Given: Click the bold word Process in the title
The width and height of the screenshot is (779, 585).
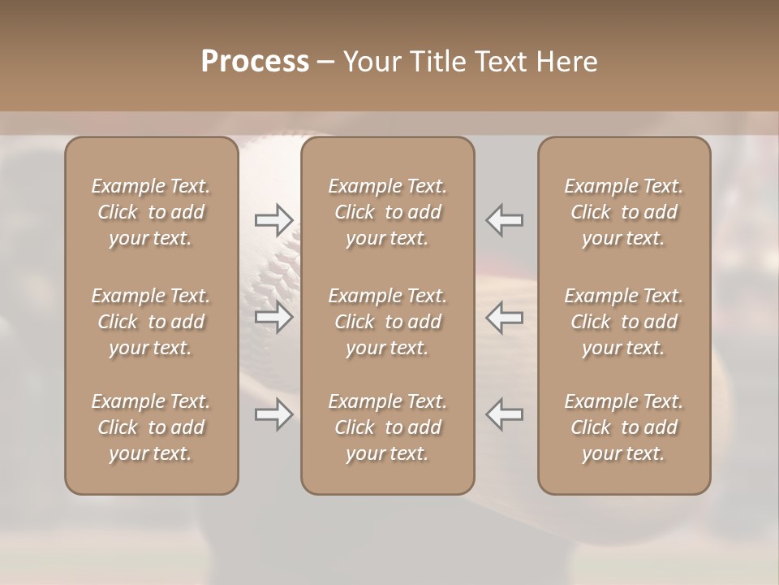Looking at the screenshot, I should pyautogui.click(x=255, y=62).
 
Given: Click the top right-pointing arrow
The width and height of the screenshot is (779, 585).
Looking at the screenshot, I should pyautogui.click(x=273, y=219).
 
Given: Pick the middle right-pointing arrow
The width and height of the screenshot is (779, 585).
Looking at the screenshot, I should pyautogui.click(x=273, y=318).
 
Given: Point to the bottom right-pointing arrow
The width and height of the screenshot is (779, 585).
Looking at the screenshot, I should pyautogui.click(x=273, y=414).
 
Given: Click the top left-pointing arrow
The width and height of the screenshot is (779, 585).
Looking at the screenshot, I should pyautogui.click(x=505, y=219).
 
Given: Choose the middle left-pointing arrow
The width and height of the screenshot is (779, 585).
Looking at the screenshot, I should pyautogui.click(x=505, y=318).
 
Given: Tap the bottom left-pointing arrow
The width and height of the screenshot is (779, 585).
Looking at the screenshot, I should pyautogui.click(x=505, y=414).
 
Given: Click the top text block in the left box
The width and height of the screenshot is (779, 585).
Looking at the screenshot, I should pyautogui.click(x=151, y=212).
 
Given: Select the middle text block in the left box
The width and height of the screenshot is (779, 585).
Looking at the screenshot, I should pyautogui.click(x=151, y=322).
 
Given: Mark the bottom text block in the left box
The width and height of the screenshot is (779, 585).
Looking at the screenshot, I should pyautogui.click(x=151, y=427).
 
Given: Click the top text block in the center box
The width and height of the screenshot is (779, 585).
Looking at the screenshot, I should pyautogui.click(x=387, y=212).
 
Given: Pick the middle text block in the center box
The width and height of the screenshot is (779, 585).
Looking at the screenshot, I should pyautogui.click(x=387, y=322).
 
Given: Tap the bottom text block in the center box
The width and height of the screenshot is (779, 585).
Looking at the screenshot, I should pyautogui.click(x=387, y=427).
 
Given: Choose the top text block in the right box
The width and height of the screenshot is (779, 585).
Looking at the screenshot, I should pyautogui.click(x=623, y=212).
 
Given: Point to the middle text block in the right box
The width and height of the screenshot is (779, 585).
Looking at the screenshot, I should pyautogui.click(x=623, y=322).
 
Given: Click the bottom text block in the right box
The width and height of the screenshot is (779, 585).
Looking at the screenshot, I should pyautogui.click(x=623, y=427).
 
